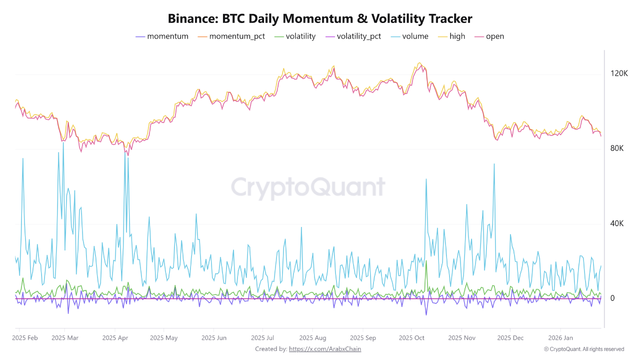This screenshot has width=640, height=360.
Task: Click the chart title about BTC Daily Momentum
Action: [320, 18]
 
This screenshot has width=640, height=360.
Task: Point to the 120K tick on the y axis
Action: [619, 73]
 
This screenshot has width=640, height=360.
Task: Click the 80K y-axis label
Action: [616, 148]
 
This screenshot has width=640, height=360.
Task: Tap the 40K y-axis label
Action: [616, 223]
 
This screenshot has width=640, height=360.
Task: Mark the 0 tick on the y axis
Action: [612, 298]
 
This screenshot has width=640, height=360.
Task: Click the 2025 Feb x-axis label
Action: [24, 338]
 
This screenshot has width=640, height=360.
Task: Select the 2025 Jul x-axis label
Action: [262, 338]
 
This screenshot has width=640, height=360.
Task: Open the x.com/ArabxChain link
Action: [325, 349]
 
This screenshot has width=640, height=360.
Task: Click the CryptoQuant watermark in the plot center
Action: [308, 188]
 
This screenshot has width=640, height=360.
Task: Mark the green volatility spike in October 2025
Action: [426, 262]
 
